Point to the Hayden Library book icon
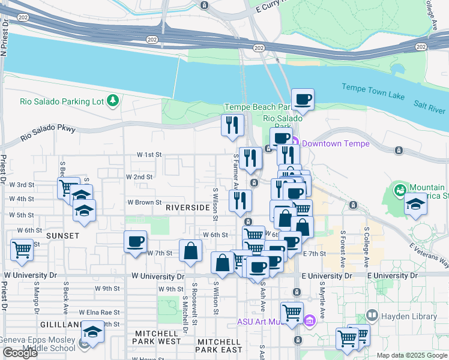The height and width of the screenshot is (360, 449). click(x=372, y=315)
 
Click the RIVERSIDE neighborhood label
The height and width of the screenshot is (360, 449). click(x=187, y=208)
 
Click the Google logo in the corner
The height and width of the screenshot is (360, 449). click(x=20, y=353)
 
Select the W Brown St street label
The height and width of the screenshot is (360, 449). click(x=144, y=203)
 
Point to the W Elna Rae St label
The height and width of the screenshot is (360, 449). click(x=100, y=313)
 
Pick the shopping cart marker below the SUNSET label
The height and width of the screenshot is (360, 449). click(x=22, y=248)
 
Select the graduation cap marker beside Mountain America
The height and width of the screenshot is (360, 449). click(x=415, y=204)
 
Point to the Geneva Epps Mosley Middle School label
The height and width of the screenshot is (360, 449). click(x=37, y=343)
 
